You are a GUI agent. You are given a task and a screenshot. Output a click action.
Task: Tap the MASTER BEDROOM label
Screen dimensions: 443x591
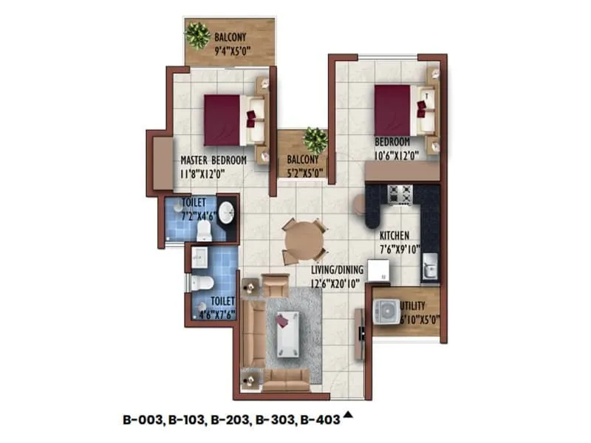[x=213, y=159]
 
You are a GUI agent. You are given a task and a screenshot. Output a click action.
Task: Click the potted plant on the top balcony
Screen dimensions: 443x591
[x=197, y=35]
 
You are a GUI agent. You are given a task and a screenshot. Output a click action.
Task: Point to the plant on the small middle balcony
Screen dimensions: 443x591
[x=315, y=138]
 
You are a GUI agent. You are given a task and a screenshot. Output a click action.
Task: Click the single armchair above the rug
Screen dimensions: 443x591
[x=276, y=284]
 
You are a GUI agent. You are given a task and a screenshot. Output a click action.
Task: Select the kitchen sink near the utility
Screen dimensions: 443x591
[x=429, y=267]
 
